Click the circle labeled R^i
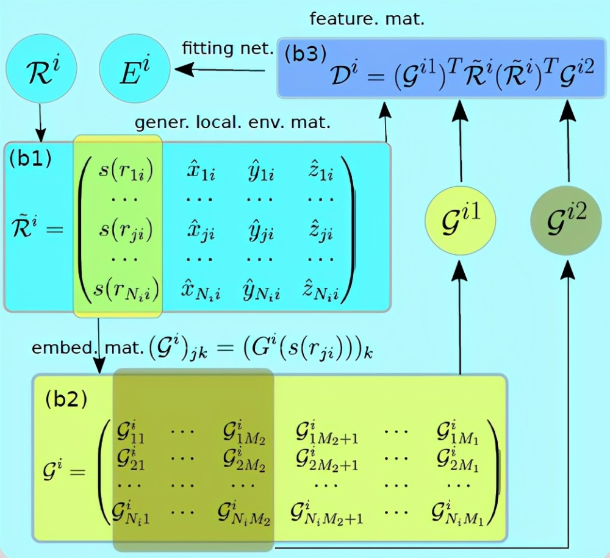point(41,69)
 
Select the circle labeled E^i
point(135,69)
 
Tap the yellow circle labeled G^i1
point(460,220)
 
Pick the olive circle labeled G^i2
point(566,220)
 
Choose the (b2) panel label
point(66,399)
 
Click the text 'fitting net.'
point(228,48)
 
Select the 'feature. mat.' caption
point(367,19)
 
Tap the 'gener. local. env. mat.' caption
point(232,123)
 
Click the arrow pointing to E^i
point(220,70)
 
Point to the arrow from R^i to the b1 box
point(40,123)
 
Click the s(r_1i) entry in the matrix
point(126,171)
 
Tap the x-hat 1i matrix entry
point(201,171)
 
